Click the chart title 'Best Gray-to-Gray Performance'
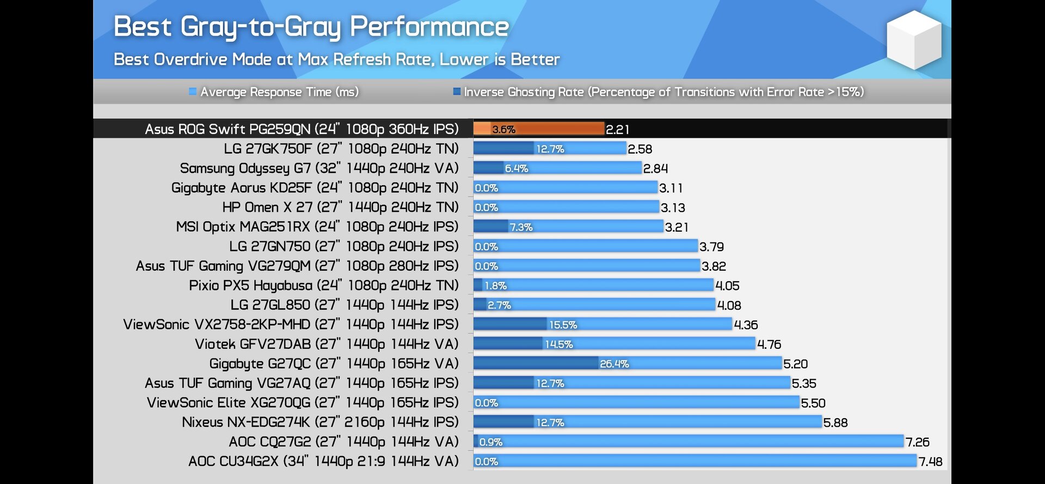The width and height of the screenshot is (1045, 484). pyautogui.click(x=311, y=27)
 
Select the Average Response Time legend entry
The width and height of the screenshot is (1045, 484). pyautogui.click(x=274, y=92)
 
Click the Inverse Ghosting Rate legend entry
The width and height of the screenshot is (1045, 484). pyautogui.click(x=659, y=92)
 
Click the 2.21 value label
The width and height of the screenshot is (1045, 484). pyautogui.click(x=618, y=130)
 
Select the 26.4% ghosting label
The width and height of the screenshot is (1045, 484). pyautogui.click(x=614, y=364)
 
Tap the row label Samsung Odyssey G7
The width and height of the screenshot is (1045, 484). pyautogui.click(x=319, y=168)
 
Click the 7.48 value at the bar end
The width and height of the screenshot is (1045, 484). pyautogui.click(x=930, y=462)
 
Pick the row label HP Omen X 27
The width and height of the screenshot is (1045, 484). pyautogui.click(x=340, y=208)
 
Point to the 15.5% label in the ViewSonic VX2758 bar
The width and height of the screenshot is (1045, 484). pyautogui.click(x=563, y=325)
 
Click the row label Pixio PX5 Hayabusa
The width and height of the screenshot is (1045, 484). pyautogui.click(x=323, y=286)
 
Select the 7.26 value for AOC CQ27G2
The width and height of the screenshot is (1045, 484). pyautogui.click(x=917, y=442)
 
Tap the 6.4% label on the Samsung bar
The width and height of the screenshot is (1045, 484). pyautogui.click(x=516, y=168)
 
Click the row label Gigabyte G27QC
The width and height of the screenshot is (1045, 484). pyautogui.click(x=334, y=364)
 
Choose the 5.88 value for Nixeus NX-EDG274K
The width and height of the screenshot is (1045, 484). pyautogui.click(x=835, y=422)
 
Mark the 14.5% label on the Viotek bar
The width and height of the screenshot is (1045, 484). pyautogui.click(x=558, y=344)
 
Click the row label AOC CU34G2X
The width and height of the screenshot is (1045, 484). pyautogui.click(x=323, y=462)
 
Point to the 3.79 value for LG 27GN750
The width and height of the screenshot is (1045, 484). pyautogui.click(x=711, y=247)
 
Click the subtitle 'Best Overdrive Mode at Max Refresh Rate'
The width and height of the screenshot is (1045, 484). pyautogui.click(x=336, y=59)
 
